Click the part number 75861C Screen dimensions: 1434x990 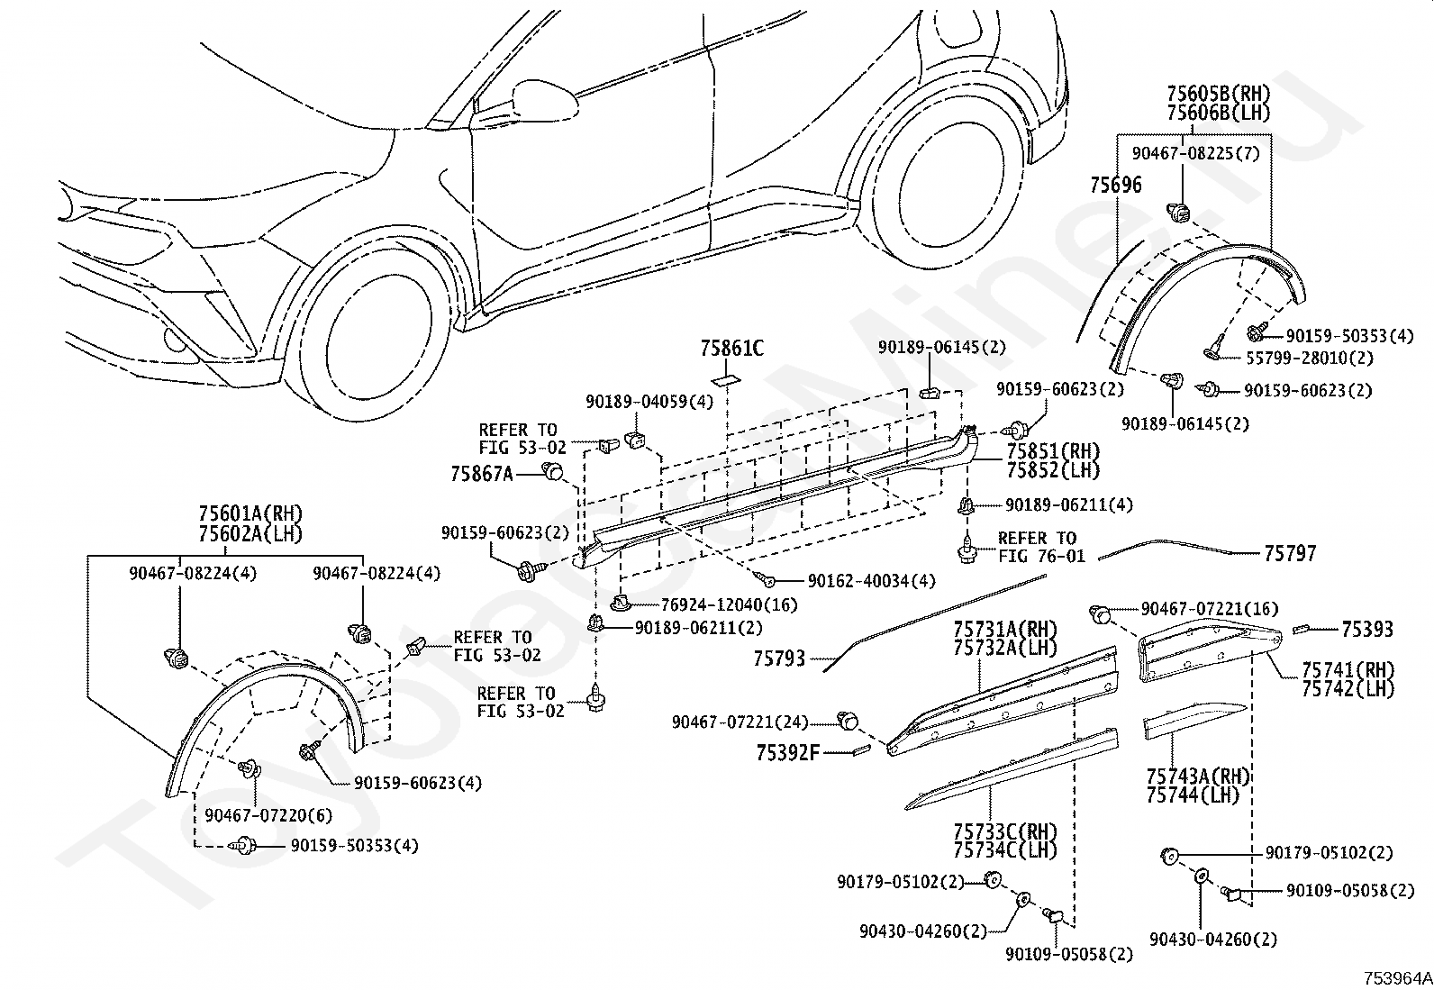[x=731, y=349]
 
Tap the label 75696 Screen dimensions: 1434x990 [x=1116, y=185]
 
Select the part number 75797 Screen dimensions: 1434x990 [x=1290, y=553]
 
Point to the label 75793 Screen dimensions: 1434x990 [x=779, y=658]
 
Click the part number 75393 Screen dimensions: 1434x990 [x=1367, y=630]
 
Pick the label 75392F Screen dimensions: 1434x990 [x=787, y=753]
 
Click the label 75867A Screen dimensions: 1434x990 [x=481, y=474]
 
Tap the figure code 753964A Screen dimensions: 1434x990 [x=1397, y=978]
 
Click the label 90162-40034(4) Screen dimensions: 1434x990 [x=871, y=581]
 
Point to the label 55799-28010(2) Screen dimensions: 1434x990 [x=1310, y=358]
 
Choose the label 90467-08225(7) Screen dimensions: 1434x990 [x=1196, y=154]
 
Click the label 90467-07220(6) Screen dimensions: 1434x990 [x=268, y=815]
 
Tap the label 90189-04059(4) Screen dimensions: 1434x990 [x=649, y=402]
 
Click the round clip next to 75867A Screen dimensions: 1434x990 [x=552, y=472]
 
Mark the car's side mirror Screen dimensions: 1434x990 [x=546, y=99]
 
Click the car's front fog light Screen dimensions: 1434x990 [x=174, y=338]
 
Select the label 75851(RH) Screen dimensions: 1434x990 [x=1053, y=451]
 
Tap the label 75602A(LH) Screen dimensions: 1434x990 [x=250, y=533]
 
